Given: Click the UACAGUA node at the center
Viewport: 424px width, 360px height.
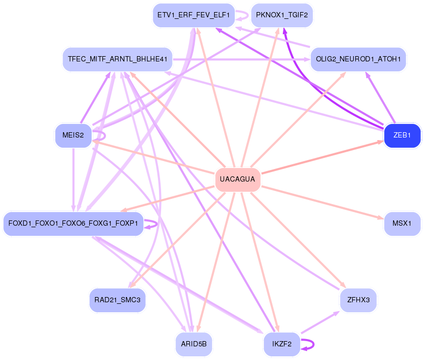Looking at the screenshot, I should point(238,179).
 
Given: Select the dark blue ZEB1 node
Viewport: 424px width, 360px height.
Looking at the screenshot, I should point(402,136).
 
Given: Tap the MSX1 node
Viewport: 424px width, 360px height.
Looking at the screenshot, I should point(402,224).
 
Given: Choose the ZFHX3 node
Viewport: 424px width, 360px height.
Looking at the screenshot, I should point(358,300).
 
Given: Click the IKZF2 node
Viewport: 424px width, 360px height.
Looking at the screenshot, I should point(281,344).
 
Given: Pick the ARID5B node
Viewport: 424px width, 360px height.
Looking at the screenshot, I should point(194,344).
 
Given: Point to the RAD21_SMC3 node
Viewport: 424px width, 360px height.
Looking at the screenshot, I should point(118,300).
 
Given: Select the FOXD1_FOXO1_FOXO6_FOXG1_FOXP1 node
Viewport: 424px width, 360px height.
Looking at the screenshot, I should point(73,224).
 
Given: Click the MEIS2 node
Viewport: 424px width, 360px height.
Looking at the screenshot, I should point(73,136).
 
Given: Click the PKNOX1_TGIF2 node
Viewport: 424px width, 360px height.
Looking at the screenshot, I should point(282,15).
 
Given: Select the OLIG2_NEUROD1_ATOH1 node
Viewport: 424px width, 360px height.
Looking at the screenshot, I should point(358,59).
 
